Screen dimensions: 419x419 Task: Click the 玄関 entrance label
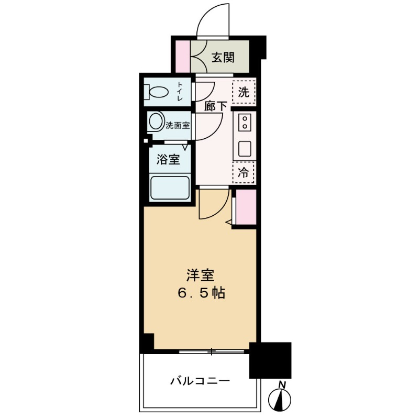(223, 57)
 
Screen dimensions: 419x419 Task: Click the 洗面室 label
(178, 126)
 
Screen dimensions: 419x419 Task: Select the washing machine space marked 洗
(244, 93)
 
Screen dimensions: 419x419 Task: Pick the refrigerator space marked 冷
(244, 171)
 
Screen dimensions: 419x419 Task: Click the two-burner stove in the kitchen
(244, 124)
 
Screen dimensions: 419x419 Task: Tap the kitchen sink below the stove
(245, 149)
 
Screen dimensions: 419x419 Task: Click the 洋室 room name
(200, 274)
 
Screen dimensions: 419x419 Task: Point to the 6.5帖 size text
(200, 293)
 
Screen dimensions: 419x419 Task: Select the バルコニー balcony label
(200, 381)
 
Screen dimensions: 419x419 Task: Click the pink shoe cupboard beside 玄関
(182, 56)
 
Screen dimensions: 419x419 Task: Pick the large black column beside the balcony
(270, 360)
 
